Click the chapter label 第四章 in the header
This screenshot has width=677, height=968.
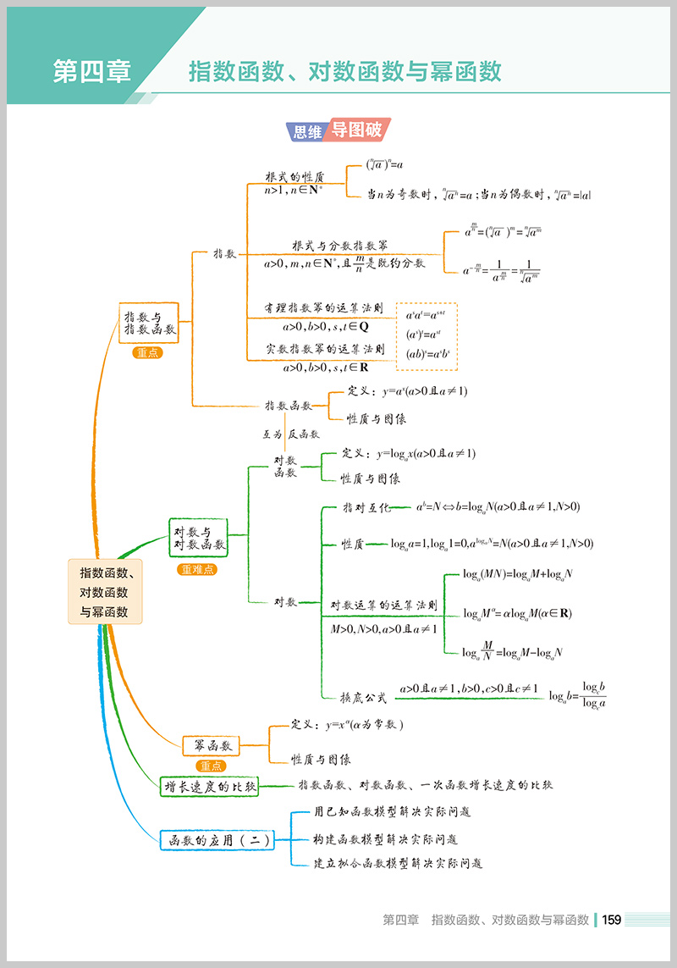91,71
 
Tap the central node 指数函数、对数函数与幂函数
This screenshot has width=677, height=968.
105,591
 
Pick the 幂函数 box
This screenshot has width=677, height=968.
212,745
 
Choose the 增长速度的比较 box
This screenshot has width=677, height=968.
210,785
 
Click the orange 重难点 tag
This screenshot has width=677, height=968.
198,570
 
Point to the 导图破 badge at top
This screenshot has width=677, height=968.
356,130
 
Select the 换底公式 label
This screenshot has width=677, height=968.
364,697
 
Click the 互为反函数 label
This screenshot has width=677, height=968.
290,434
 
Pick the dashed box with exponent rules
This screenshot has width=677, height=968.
427,336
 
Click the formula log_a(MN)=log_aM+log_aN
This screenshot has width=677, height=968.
518,574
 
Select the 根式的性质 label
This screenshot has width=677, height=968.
294,177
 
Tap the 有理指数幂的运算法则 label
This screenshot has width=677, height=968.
324,308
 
